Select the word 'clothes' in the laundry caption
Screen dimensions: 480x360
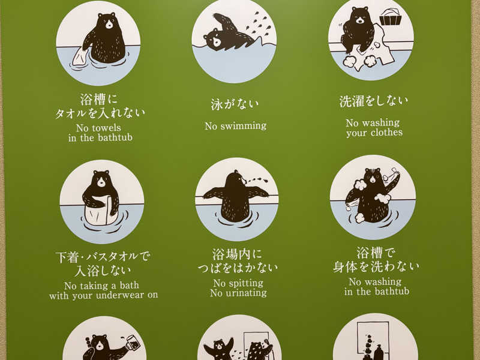[x=386, y=133]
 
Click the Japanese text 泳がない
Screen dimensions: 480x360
[x=235, y=104]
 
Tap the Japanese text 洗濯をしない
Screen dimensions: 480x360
[x=373, y=101]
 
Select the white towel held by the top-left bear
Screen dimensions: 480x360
[x=82, y=56]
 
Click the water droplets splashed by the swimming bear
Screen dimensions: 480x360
[x=261, y=25]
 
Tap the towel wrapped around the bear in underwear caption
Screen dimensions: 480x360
[x=101, y=212]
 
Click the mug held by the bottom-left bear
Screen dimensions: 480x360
[x=133, y=343]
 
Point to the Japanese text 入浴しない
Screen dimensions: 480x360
[x=103, y=271]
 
